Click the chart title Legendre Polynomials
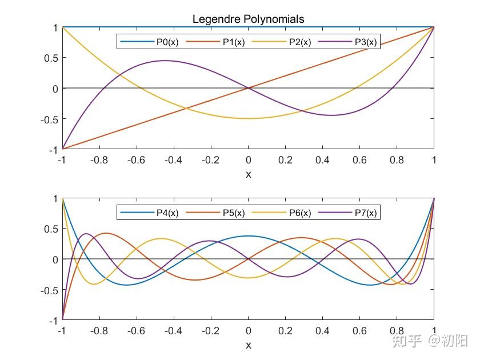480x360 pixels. (x=248, y=19)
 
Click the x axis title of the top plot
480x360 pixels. (x=248, y=174)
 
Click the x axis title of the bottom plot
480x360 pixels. (x=248, y=345)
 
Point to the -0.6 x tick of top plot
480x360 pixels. (x=135, y=161)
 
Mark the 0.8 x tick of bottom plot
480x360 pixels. (x=397, y=331)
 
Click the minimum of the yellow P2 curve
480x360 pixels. (x=248, y=118)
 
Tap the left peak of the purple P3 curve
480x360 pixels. (x=165, y=61)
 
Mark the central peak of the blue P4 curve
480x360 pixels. (x=248, y=236)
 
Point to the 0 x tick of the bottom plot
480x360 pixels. (x=248, y=331)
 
